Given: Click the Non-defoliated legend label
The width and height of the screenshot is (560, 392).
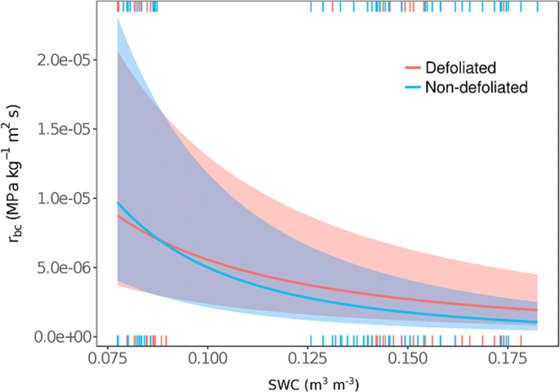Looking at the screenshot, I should [477, 86].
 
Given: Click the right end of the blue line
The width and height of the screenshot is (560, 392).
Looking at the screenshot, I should [537, 322].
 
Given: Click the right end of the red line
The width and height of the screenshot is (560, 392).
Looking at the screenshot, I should [537, 310].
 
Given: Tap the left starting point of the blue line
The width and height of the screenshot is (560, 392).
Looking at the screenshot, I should [118, 202].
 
